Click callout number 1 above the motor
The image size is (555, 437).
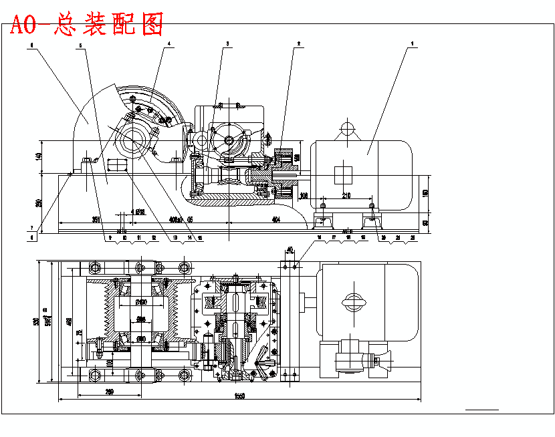pyautogui.click(x=413, y=43)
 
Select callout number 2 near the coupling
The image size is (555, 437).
pyautogui.click(x=299, y=43)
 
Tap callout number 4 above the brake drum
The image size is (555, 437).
pyautogui.click(x=169, y=43)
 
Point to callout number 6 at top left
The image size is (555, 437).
pyautogui.click(x=31, y=46)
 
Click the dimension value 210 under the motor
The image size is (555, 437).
pyautogui.click(x=346, y=195)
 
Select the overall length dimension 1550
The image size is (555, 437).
pyautogui.click(x=238, y=396)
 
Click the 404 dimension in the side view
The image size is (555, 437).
pyautogui.click(x=275, y=218)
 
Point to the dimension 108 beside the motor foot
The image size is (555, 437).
pyautogui.click(x=304, y=195)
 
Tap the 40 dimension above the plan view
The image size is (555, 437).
pyautogui.click(x=290, y=249)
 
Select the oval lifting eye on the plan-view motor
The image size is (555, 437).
pyautogui.click(x=352, y=302)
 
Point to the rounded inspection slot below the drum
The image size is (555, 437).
pyautogui.click(x=116, y=165)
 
